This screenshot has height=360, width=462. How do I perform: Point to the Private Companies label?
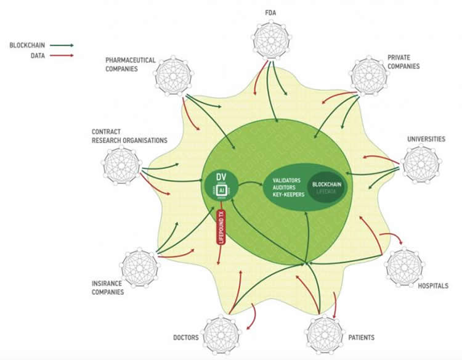coord(403,62)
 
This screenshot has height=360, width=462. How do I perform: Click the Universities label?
coord(426,139)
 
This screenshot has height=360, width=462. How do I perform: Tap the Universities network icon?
coord(420,165)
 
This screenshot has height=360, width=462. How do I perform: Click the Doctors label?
coord(187,337)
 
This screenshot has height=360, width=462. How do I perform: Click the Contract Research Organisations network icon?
coord(120,166)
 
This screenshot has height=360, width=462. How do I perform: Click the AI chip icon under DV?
coord(221,191)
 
